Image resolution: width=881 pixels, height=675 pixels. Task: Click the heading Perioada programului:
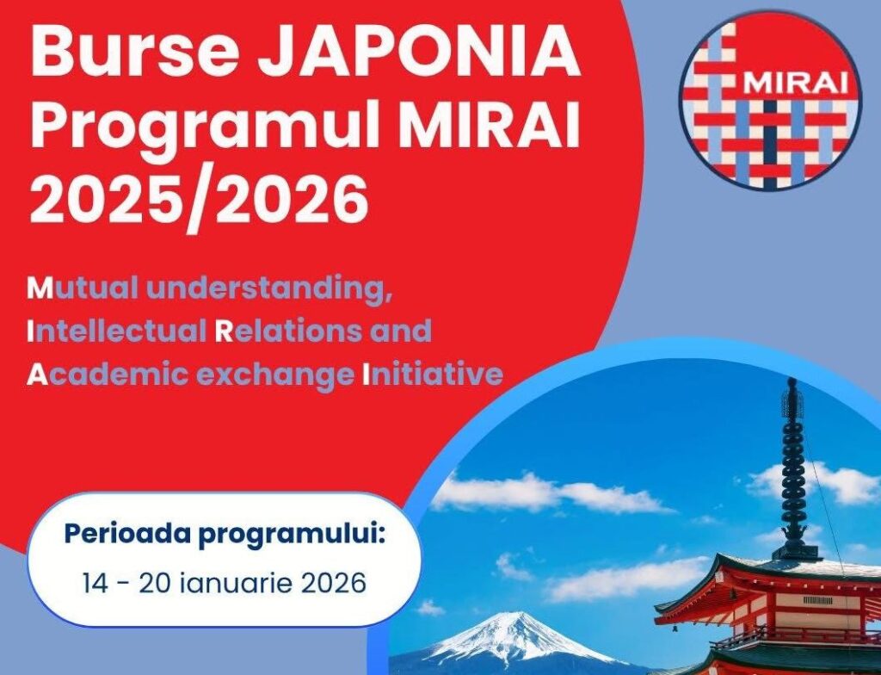224,536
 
